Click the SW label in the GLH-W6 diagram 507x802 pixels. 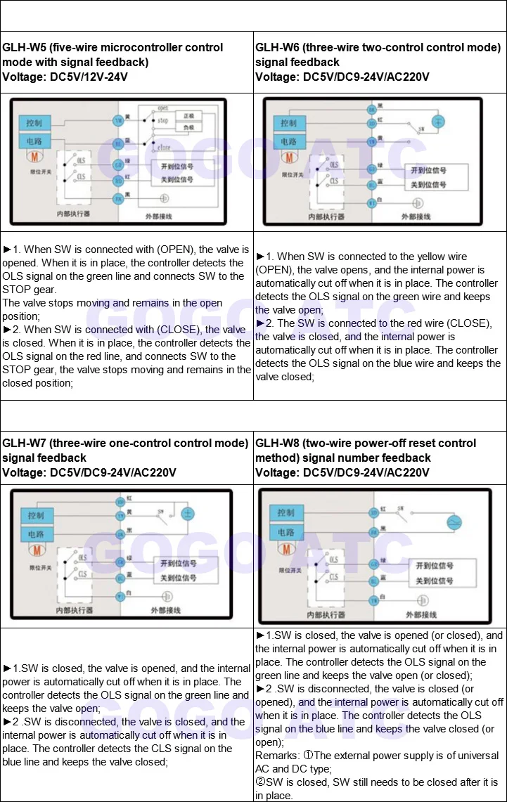pyautogui.click(x=421, y=129)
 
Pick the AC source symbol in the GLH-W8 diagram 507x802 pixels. pyautogui.click(x=455, y=523)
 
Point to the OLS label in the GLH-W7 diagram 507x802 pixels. pyautogui.click(x=82, y=555)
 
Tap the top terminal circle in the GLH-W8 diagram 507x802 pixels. pyautogui.click(x=373, y=508)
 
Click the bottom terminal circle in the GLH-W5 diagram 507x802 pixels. pyautogui.click(x=119, y=199)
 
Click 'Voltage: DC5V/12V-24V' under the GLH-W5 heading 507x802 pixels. pyautogui.click(x=65, y=77)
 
